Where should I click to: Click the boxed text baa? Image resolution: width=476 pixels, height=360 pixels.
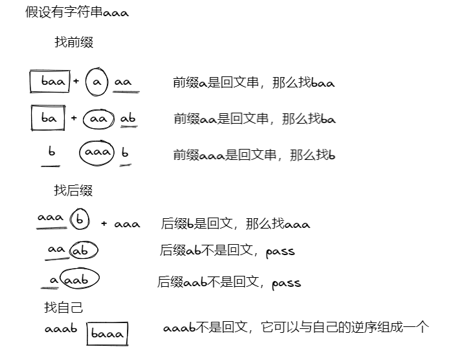pos(50,82)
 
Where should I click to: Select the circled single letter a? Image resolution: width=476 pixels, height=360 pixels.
pos(96,82)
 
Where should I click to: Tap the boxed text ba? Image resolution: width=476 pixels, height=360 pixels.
pos(49,118)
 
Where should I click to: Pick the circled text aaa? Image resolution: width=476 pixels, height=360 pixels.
pos(97,153)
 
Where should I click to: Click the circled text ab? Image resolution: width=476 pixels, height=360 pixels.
pos(84,251)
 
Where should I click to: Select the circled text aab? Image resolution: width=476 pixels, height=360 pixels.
pos(79,280)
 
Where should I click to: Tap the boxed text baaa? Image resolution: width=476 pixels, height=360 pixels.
pos(108,334)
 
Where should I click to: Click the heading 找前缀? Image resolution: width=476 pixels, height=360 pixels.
pos(74,43)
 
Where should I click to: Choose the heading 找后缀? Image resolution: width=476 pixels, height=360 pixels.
pos(73,190)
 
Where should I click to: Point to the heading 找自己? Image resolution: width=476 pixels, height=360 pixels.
pos(63,308)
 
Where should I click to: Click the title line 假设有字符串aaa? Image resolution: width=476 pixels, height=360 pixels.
pos(76,12)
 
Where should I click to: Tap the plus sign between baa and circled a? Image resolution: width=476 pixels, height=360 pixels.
pos(76,82)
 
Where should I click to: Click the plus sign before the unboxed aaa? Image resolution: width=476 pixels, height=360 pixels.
pos(104,224)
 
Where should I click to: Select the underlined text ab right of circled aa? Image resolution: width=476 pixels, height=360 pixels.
pos(128,119)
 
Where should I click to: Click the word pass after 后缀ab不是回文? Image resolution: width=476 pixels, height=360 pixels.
pos(280,251)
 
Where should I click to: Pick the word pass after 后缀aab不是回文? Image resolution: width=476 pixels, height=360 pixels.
pos(286,283)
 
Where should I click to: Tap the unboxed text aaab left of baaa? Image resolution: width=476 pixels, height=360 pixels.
pos(61,329)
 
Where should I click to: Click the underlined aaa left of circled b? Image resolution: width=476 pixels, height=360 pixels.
pos(50,218)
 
